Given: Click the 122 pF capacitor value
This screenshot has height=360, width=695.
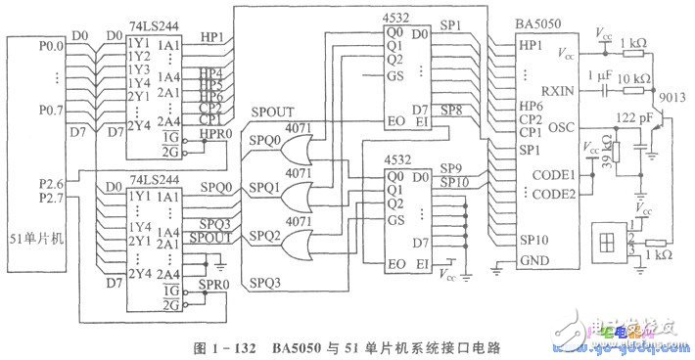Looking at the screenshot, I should (629, 118).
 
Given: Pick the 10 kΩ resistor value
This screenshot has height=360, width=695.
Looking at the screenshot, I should (637, 76).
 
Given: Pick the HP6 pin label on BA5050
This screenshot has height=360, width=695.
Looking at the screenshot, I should (533, 106).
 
